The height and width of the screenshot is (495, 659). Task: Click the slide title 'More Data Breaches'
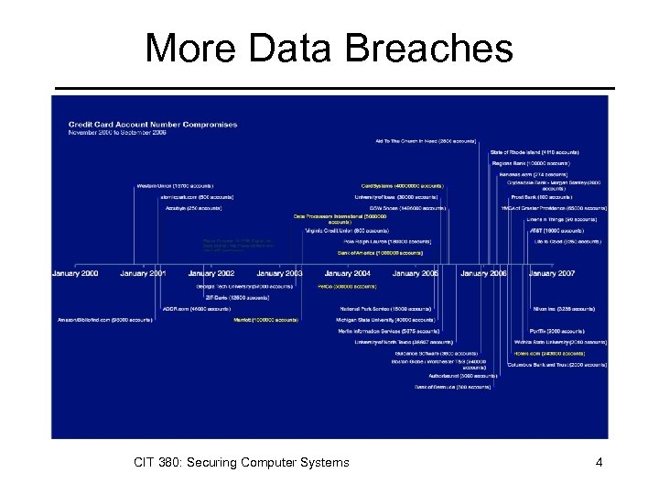pyautogui.click(x=329, y=48)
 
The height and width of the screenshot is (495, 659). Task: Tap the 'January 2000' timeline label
pyautogui.click(x=76, y=273)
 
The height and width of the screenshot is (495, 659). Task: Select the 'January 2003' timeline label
pyautogui.click(x=279, y=273)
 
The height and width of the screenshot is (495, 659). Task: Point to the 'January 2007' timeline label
pyautogui.click(x=552, y=273)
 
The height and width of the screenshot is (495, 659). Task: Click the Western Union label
pyautogui.click(x=175, y=185)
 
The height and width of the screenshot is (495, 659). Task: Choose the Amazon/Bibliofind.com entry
pyautogui.click(x=92, y=320)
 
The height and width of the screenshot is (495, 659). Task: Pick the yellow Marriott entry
pyautogui.click(x=265, y=320)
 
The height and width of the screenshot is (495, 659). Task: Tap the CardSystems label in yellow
pyautogui.click(x=402, y=185)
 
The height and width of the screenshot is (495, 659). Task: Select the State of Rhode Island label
pyautogui.click(x=535, y=151)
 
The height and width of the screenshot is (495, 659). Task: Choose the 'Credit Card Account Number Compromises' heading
pyautogui.click(x=153, y=125)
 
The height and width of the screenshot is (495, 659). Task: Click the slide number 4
pyautogui.click(x=599, y=463)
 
